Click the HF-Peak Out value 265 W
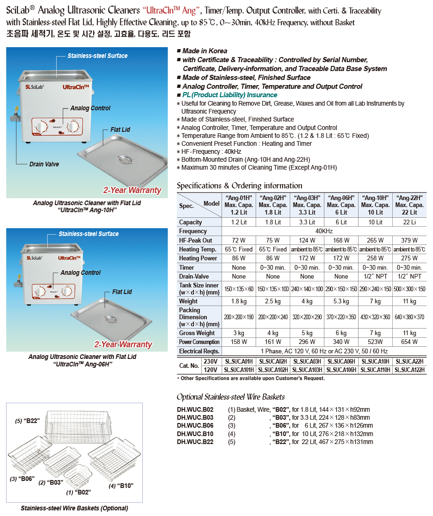tap(375, 240)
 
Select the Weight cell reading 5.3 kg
tap(341, 301)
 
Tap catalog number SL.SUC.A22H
tap(410, 361)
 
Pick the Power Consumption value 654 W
tap(410, 342)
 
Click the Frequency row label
tap(193, 231)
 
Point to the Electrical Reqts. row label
tap(199, 351)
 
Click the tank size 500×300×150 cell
tap(410, 289)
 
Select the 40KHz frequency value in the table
tap(324, 231)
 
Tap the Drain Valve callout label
tap(44, 164)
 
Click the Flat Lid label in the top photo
tap(120, 129)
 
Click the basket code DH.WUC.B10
tap(195, 434)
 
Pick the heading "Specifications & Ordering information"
tap(239, 186)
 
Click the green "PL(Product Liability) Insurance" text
tap(229, 95)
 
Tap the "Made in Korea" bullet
tap(205, 51)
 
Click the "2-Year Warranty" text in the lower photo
tap(123, 344)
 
